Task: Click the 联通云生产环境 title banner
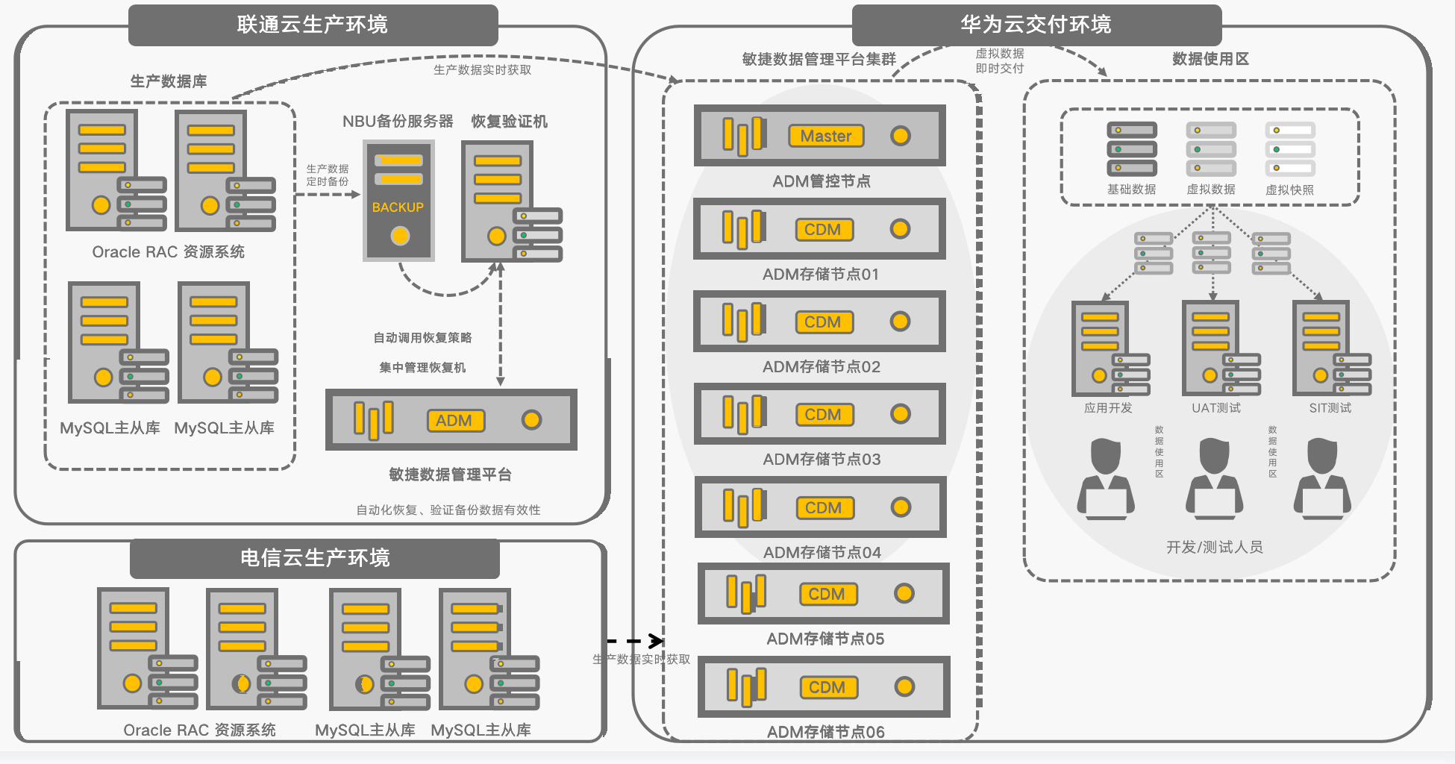(313, 25)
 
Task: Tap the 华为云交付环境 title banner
(1036, 25)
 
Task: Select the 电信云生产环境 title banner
(314, 558)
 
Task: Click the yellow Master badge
(826, 136)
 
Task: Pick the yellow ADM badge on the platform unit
(454, 420)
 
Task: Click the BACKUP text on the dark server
(398, 207)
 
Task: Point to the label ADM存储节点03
(822, 460)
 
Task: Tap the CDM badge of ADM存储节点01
(823, 229)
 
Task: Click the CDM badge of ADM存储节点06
(827, 687)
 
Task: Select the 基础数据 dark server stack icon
(1131, 149)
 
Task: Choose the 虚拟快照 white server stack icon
(1289, 149)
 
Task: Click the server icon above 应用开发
(1109, 348)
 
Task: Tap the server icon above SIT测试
(1330, 348)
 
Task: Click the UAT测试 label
(1216, 408)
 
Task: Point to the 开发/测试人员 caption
(1214, 548)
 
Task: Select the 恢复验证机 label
(509, 122)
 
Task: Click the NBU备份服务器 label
(398, 122)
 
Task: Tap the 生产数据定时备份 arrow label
(327, 175)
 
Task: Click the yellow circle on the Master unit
(901, 136)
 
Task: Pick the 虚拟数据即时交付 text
(1000, 61)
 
